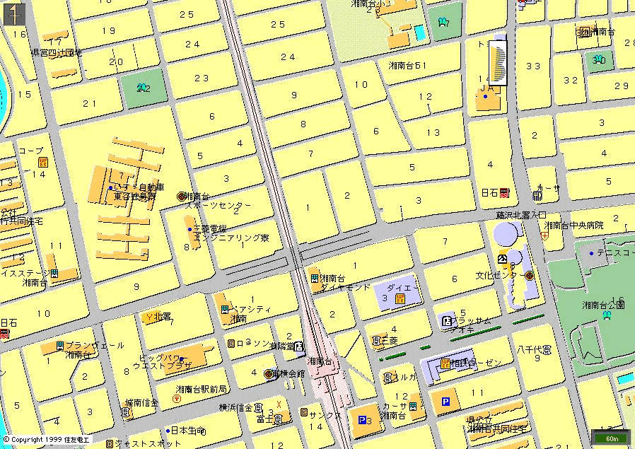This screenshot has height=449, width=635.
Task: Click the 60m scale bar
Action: pos(612,438)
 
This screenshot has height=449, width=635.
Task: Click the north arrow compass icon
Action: pos(15,14)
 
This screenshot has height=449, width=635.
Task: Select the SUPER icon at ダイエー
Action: pos(400,300)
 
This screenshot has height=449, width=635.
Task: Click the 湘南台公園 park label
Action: pos(602,305)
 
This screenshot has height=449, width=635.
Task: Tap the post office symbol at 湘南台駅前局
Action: pos(176,399)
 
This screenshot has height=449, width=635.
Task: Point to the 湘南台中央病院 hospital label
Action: pos(573,226)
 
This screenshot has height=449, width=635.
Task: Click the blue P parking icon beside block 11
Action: pos(445,402)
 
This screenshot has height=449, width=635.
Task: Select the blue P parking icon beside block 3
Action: pos(363,419)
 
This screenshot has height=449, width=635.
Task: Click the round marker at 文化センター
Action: pos(529,275)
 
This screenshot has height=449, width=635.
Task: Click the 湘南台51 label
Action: pos(407,66)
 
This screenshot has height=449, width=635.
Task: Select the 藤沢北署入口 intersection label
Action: pos(521,214)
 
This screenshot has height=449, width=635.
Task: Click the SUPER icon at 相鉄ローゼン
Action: pos(445,363)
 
